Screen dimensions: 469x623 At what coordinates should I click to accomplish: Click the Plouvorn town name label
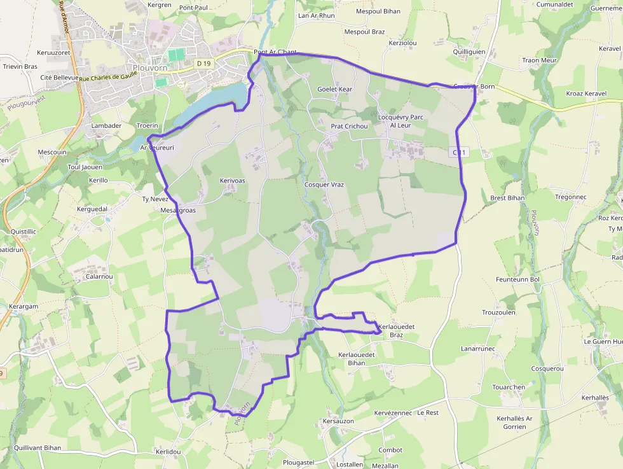tap(150, 68)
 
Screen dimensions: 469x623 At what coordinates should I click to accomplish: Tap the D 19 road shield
tap(203, 63)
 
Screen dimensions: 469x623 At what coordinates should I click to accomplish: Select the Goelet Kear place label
tap(334, 90)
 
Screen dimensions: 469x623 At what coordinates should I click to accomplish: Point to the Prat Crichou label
tap(349, 127)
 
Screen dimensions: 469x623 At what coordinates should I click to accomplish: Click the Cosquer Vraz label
tap(324, 185)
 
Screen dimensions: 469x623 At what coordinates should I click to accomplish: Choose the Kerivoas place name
tap(232, 181)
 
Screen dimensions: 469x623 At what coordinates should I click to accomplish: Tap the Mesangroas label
tap(178, 210)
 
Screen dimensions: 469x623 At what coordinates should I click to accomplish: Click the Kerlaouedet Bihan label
tap(357, 358)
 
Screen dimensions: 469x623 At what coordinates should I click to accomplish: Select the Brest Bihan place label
tap(507, 198)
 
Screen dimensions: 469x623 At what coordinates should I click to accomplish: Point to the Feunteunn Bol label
tap(517, 279)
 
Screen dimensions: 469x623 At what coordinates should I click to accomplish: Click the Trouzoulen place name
tap(498, 312)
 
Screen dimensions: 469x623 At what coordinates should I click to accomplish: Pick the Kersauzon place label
tap(338, 421)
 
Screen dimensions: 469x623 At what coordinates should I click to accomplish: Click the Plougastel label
tap(299, 462)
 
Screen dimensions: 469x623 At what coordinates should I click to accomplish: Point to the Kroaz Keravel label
tap(586, 94)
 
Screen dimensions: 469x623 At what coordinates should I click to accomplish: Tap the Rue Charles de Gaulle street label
tap(109, 76)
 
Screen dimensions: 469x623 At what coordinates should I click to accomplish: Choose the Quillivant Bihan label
tap(38, 447)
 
